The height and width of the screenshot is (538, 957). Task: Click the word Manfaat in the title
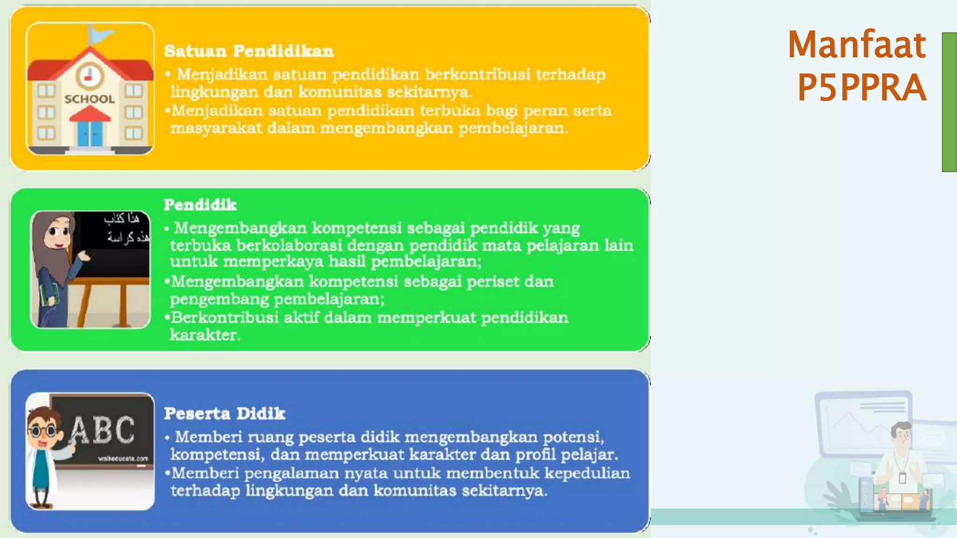click(x=857, y=45)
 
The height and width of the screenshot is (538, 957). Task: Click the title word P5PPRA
click(x=861, y=88)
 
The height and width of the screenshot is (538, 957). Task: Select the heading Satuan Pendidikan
click(x=249, y=51)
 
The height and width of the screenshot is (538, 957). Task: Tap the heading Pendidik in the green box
click(x=200, y=205)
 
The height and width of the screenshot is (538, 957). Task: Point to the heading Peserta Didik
click(x=224, y=413)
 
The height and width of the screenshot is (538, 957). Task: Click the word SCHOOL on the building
click(x=90, y=99)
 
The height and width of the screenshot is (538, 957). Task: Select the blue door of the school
click(x=90, y=133)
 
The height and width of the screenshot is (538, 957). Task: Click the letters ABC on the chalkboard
click(x=102, y=430)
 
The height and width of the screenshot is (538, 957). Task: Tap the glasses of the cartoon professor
click(x=43, y=431)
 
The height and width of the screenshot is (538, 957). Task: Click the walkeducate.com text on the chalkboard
click(x=123, y=459)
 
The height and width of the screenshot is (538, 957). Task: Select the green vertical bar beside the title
click(x=949, y=102)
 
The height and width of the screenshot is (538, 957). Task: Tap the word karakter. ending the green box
click(x=205, y=335)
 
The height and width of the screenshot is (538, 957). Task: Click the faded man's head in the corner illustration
click(x=900, y=434)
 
